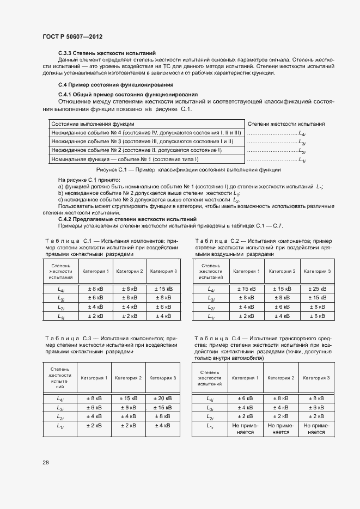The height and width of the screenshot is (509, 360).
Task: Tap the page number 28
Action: pyautogui.click(x=45, y=462)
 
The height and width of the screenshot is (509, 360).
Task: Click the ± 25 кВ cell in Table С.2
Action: pyautogui.click(x=316, y=289)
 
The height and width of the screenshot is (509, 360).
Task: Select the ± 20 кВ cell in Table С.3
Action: pyautogui.click(x=162, y=398)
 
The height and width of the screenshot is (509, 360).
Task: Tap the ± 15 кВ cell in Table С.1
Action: pyautogui.click(x=163, y=289)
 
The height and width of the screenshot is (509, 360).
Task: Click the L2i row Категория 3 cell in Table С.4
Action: pyautogui.click(x=316, y=416)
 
